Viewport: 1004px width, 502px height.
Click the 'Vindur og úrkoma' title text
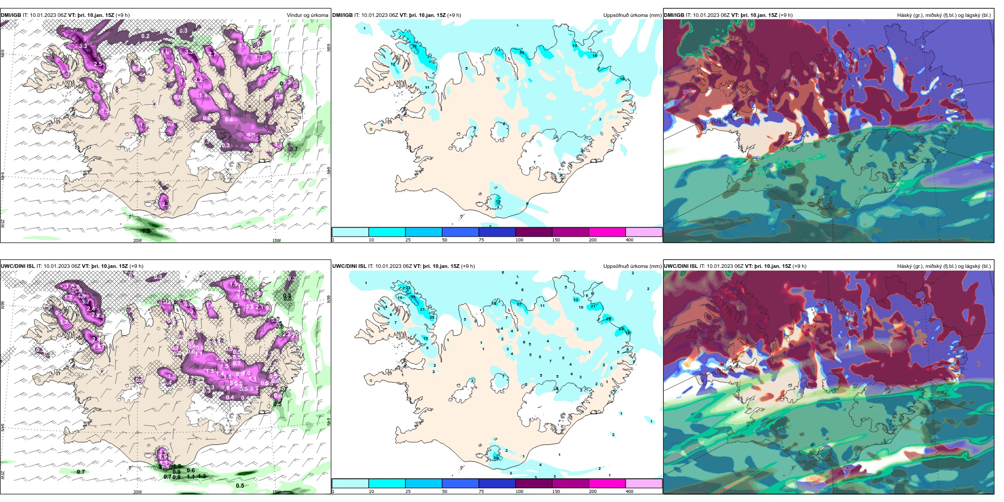[x=307, y=15]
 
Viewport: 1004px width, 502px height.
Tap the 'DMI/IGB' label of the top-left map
[x=11, y=15]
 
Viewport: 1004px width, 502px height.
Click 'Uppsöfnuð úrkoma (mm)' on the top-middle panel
[x=632, y=15]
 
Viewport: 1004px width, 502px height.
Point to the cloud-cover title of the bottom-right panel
[x=944, y=266]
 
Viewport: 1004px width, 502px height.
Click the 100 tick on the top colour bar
[x=519, y=240]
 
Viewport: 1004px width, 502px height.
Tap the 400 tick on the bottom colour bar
[x=629, y=491]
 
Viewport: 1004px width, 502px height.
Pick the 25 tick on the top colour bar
[x=408, y=240]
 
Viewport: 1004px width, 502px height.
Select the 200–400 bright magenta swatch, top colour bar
[x=607, y=232]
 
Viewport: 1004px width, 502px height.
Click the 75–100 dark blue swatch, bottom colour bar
[x=497, y=484]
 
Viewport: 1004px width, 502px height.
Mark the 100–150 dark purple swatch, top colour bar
[x=534, y=232]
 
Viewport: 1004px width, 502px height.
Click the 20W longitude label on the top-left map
[x=137, y=240]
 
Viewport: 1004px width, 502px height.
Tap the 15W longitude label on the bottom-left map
[x=276, y=492]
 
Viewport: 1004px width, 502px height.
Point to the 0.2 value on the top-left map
[x=145, y=36]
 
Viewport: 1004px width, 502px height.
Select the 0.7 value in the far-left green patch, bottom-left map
[x=81, y=472]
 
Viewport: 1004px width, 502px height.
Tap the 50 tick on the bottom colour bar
[x=444, y=491]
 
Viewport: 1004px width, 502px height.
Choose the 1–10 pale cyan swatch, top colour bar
[x=350, y=232]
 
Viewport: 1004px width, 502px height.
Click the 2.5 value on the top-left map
[x=98, y=64]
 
